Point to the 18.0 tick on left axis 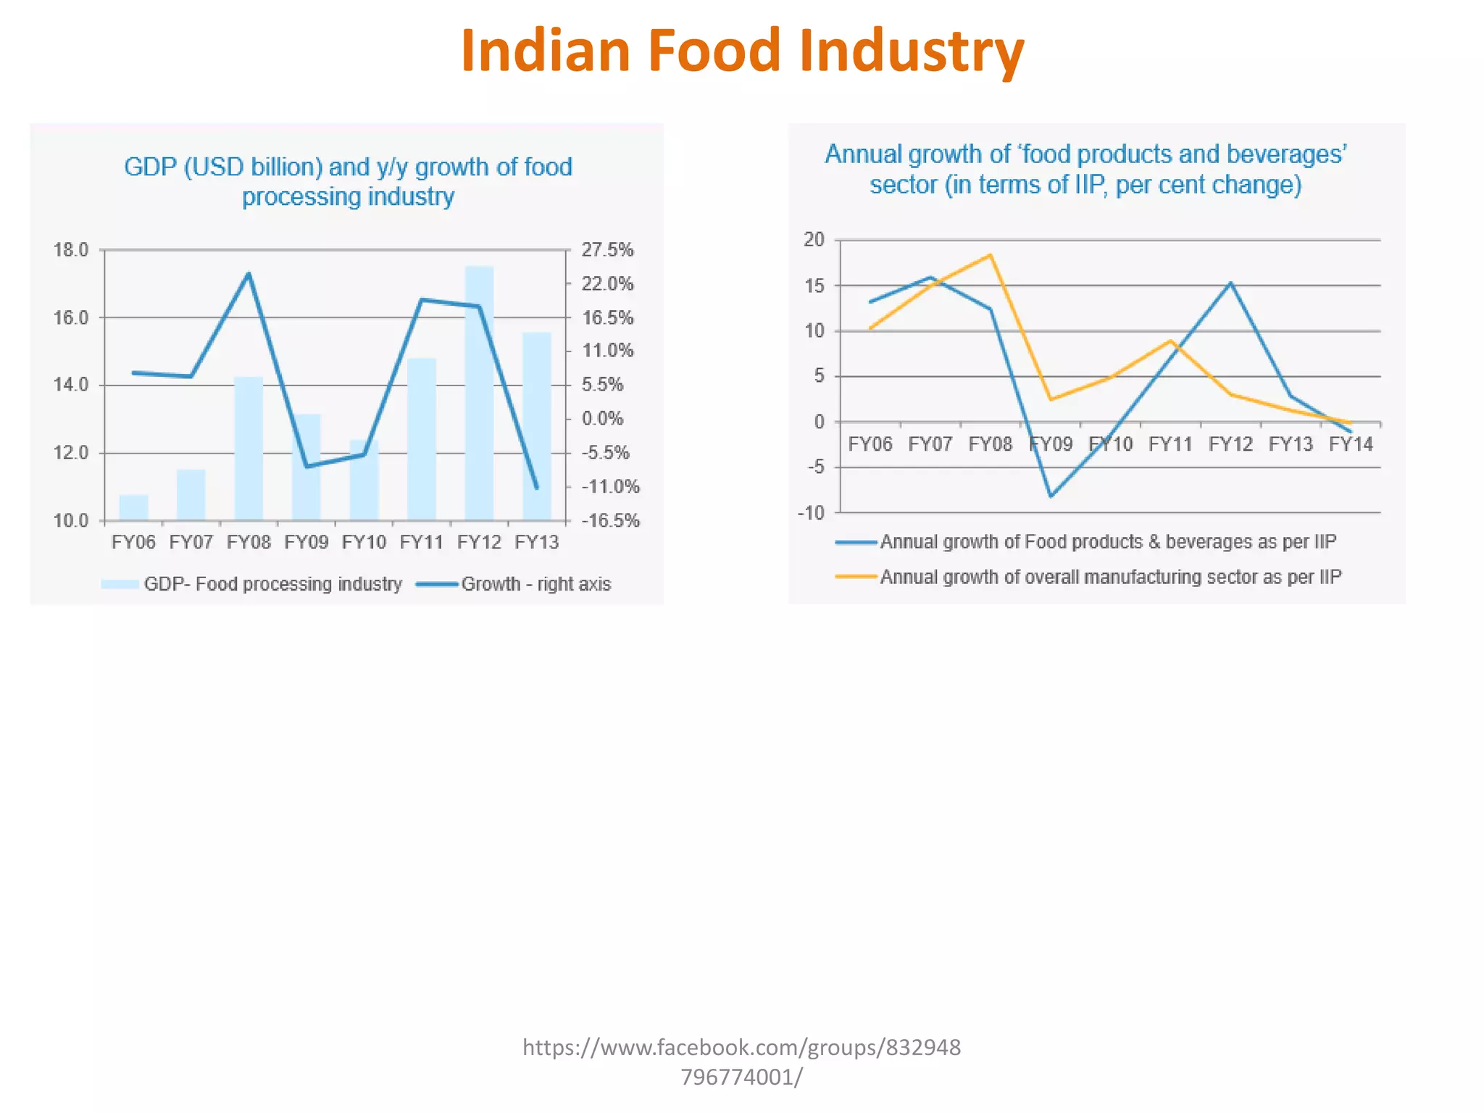[x=70, y=250]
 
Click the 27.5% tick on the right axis [x=607, y=250]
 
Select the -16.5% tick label [x=610, y=520]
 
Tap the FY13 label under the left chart [x=536, y=542]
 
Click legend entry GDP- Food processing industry [x=272, y=584]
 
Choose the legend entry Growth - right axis [x=535, y=584]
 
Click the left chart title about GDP [x=348, y=181]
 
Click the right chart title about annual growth [x=1085, y=169]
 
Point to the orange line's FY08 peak [x=991, y=255]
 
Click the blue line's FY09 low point [x=1051, y=496]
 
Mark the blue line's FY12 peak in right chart [x=1230, y=283]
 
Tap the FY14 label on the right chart [x=1351, y=444]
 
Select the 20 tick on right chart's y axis [x=814, y=240]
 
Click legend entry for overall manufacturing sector [x=1110, y=577]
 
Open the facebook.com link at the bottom [x=741, y=1062]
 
